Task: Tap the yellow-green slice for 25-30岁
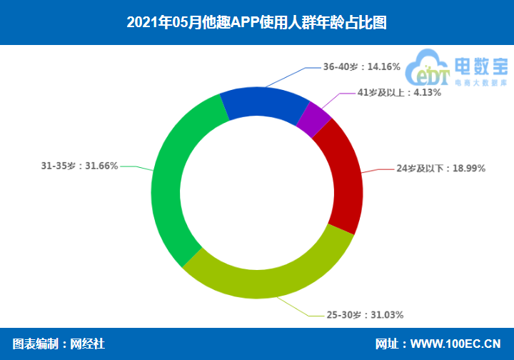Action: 272,275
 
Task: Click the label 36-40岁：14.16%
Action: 361,66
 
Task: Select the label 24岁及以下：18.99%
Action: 440,169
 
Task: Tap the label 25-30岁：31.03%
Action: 371,314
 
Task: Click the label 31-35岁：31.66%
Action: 79,166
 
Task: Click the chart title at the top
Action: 256,22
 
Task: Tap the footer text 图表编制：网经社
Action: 59,344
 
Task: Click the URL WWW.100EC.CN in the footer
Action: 455,344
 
